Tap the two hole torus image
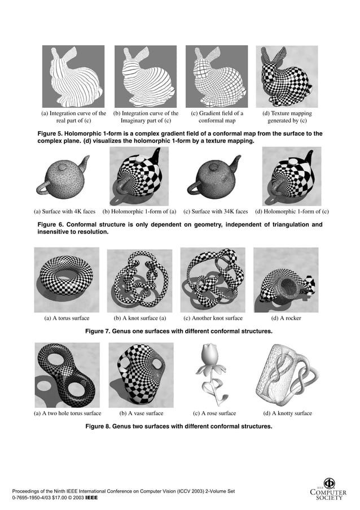coord(67,374)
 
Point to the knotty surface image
coord(287,374)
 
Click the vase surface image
coord(140,374)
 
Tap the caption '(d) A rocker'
coord(286,318)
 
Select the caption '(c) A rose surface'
coord(214,413)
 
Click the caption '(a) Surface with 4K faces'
coord(64,212)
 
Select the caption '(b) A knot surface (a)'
coord(140,318)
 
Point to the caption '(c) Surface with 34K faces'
coord(216,212)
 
